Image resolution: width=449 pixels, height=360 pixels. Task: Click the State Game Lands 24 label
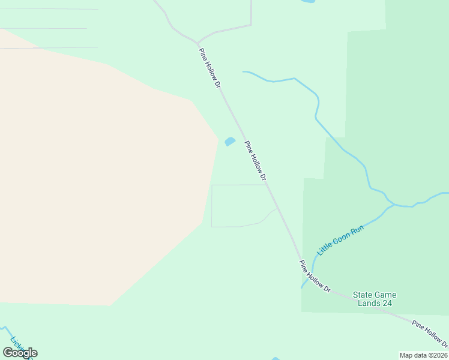point(375,299)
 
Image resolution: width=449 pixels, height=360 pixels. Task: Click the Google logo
point(20,353)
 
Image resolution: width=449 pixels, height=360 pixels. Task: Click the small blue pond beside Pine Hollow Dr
point(229,142)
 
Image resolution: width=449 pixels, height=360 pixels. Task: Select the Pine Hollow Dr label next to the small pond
point(255,160)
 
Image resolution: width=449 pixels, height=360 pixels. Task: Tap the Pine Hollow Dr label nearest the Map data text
point(430,334)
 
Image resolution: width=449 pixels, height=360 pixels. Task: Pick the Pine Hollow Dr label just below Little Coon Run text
point(315,276)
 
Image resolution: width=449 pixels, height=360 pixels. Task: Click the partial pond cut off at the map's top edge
point(307,2)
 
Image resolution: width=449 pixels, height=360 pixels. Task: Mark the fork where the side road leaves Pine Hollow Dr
point(197,43)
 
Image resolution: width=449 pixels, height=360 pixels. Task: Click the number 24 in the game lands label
point(387,304)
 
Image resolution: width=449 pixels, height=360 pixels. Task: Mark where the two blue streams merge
point(393,205)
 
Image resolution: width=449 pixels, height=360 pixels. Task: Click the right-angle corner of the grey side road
point(250,25)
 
